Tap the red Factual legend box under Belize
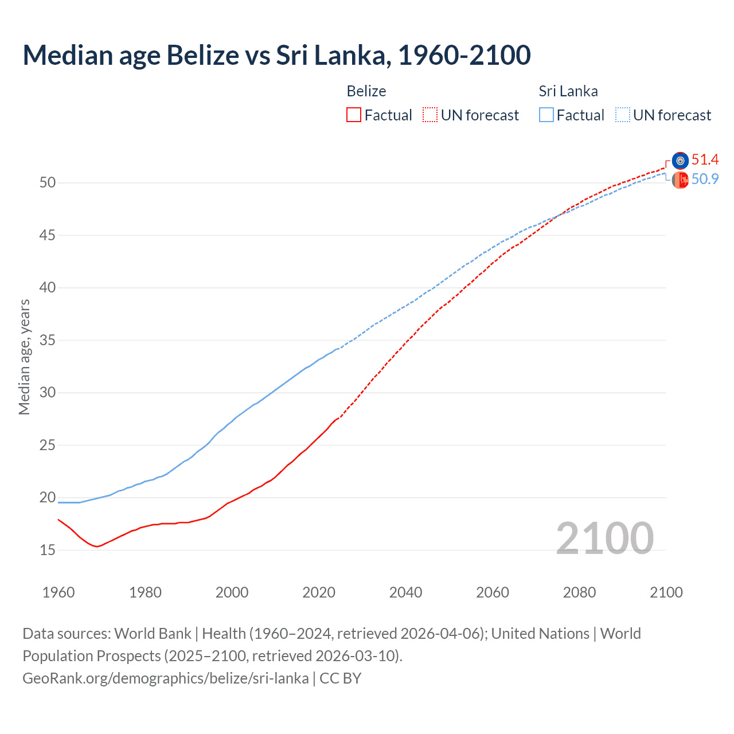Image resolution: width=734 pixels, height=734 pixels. click(354, 115)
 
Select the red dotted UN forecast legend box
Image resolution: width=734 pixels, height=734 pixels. click(430, 115)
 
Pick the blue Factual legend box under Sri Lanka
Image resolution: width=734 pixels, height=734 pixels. click(546, 115)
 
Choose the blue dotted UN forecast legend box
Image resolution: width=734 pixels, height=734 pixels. click(623, 115)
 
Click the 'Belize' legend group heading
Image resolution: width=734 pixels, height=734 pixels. click(366, 91)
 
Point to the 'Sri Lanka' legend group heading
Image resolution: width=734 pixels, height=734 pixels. click(568, 91)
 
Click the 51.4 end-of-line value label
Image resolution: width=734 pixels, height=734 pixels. click(705, 160)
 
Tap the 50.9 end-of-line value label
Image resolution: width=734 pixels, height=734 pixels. click(705, 179)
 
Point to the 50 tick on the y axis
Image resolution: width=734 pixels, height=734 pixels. click(48, 183)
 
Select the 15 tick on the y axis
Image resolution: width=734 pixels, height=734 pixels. click(48, 550)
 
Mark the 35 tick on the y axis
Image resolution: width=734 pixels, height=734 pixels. click(48, 340)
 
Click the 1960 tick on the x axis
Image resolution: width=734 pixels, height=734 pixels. click(58, 592)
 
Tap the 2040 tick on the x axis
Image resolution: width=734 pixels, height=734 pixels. click(405, 592)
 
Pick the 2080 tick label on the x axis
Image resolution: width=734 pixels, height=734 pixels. click(579, 592)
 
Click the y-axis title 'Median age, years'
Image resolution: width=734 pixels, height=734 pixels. click(24, 357)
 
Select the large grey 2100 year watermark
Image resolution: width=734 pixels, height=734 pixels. click(604, 538)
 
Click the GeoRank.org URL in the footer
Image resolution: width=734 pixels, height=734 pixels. click(166, 678)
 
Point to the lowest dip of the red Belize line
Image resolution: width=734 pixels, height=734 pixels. click(97, 546)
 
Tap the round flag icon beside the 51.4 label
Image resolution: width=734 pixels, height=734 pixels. click(680, 161)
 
